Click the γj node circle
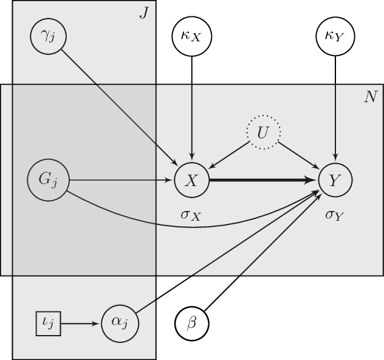47,36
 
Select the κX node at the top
192,36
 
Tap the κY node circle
335,36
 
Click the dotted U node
263,131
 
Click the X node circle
192,180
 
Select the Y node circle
335,180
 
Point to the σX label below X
192,214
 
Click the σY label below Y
335,214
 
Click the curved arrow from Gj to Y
182,226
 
